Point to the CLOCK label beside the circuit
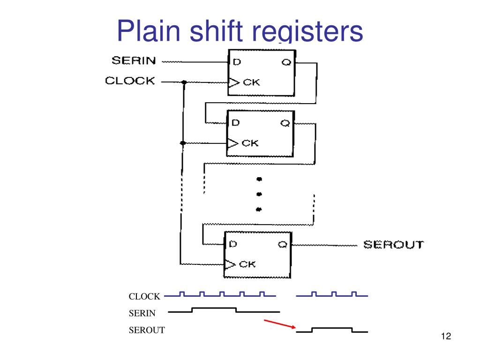point(130,81)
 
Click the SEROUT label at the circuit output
point(393,244)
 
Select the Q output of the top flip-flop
point(286,61)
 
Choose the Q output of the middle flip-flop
point(285,123)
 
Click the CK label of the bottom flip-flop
point(248,264)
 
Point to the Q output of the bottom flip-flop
point(283,244)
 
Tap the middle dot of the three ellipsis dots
point(259,194)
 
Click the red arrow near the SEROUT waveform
point(280,323)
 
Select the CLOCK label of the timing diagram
point(144,296)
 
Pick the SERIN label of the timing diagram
point(142,313)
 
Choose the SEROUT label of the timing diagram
point(147,330)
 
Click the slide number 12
point(446,336)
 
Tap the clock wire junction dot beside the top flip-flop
point(184,82)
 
